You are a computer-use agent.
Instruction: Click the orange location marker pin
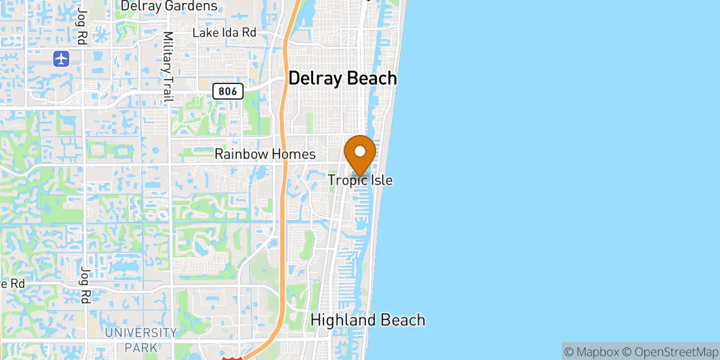[x=360, y=154]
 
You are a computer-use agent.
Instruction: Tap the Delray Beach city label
[x=343, y=79]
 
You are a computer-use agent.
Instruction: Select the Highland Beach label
[x=367, y=320]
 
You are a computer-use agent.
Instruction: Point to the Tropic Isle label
[x=360, y=180]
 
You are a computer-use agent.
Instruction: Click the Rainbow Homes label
[x=265, y=155]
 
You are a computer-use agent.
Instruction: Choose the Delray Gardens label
[x=169, y=6]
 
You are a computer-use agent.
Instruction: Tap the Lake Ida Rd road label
[x=224, y=33]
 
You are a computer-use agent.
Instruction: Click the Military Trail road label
[x=168, y=67]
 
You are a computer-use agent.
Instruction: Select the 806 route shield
[x=229, y=91]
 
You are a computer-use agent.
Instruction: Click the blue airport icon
[x=61, y=59]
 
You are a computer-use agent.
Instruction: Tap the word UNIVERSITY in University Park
[x=142, y=333]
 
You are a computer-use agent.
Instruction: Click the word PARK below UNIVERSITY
[x=142, y=347]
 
